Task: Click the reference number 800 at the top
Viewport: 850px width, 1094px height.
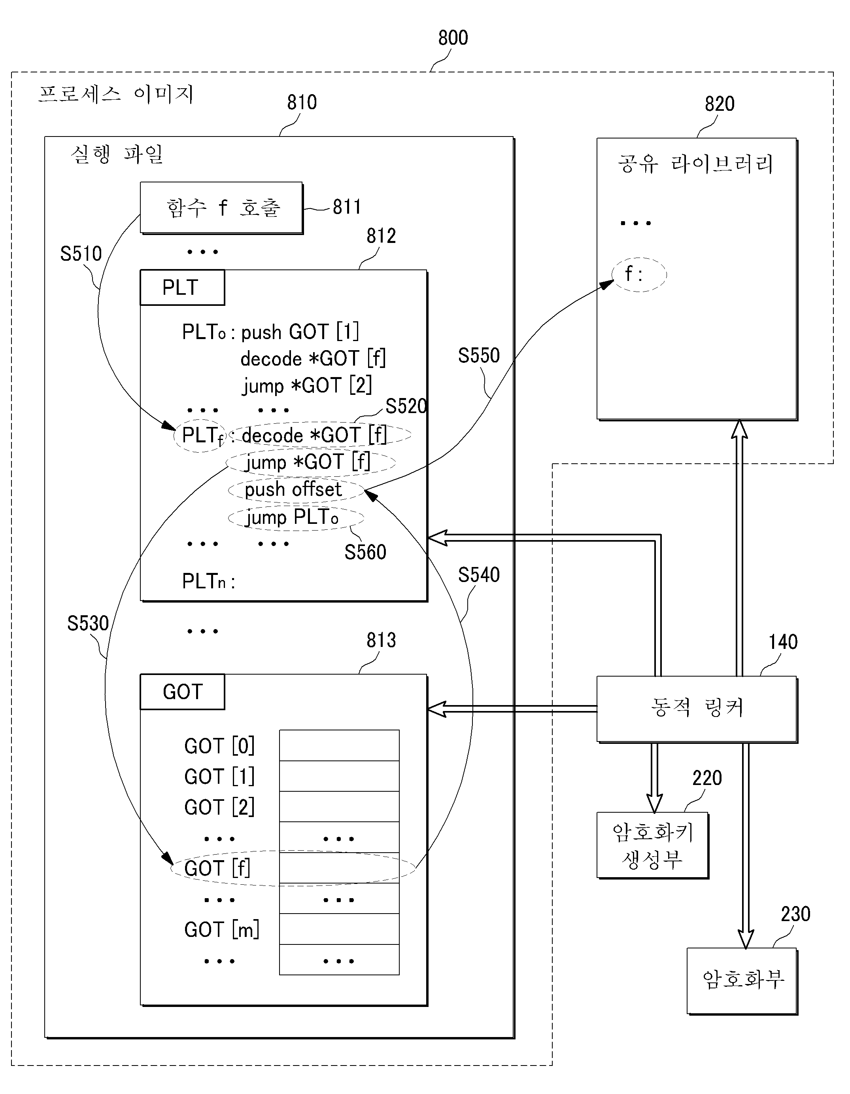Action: click(453, 38)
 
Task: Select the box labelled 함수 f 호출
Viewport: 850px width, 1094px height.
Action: click(221, 207)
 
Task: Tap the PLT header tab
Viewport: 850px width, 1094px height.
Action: click(182, 288)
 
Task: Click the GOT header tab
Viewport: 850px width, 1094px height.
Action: click(182, 692)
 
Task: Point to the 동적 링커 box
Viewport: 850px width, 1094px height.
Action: click(697, 709)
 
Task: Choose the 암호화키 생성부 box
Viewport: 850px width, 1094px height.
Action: click(653, 845)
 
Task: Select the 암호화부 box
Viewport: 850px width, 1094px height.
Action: click(742, 981)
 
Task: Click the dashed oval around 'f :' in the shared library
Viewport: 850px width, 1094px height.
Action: click(639, 275)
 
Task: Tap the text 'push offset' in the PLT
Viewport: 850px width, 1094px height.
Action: click(293, 489)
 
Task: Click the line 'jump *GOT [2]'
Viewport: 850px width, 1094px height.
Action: click(307, 385)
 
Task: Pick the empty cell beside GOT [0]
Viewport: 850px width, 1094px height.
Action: click(339, 745)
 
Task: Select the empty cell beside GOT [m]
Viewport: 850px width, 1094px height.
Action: click(339, 929)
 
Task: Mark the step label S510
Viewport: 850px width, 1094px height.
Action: click(81, 254)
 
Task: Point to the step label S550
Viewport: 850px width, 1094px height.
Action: click(479, 355)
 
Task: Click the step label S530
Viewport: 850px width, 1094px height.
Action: click(88, 623)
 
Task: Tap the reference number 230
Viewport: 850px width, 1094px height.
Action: click(796, 914)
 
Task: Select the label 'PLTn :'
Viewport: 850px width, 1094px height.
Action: click(208, 581)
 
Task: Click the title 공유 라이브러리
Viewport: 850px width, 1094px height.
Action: click(696, 164)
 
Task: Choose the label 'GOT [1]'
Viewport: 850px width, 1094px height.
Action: click(219, 776)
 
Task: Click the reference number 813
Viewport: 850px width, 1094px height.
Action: click(382, 640)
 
